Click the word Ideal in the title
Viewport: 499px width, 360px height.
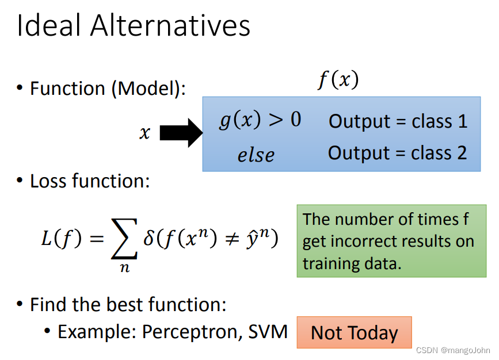coord(48,25)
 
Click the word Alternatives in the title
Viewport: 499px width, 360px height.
coord(170,25)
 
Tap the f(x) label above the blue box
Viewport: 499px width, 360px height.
coord(338,79)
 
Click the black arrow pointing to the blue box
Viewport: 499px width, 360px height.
coord(181,133)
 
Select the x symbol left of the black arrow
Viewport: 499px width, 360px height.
coord(145,132)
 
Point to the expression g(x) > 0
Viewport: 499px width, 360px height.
coord(260,120)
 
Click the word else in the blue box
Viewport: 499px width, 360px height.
coord(256,155)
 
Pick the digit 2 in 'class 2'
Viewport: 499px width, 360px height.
coord(462,153)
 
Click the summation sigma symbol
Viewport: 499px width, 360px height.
coord(124,239)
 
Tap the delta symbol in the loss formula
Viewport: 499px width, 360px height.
coord(148,238)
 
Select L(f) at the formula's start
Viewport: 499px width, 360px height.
coord(62,238)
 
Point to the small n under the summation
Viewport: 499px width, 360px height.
coord(125,268)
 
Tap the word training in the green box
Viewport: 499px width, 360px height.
coord(332,263)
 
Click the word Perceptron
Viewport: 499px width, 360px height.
coord(190,332)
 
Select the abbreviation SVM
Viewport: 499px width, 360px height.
coord(268,332)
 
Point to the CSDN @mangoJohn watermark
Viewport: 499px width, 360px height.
coord(453,350)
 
